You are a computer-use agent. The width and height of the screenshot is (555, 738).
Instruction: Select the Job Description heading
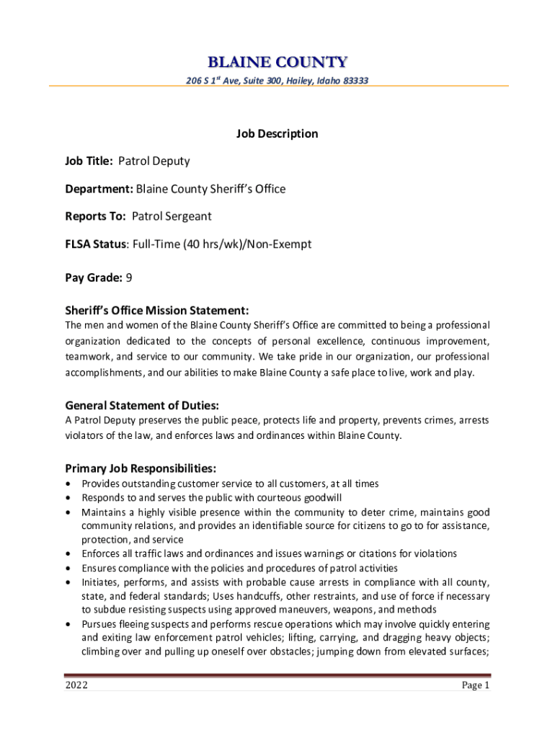[277, 133]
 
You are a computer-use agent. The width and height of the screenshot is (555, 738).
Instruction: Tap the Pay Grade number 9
[129, 277]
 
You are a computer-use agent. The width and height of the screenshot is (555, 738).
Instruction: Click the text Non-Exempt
[278, 244]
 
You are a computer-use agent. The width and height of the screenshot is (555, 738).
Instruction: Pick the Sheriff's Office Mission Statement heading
[157, 311]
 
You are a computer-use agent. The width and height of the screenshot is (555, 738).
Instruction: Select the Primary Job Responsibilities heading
[141, 469]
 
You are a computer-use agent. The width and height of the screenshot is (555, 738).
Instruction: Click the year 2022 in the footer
[76, 686]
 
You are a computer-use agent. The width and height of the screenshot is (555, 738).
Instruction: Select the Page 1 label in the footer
[476, 686]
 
